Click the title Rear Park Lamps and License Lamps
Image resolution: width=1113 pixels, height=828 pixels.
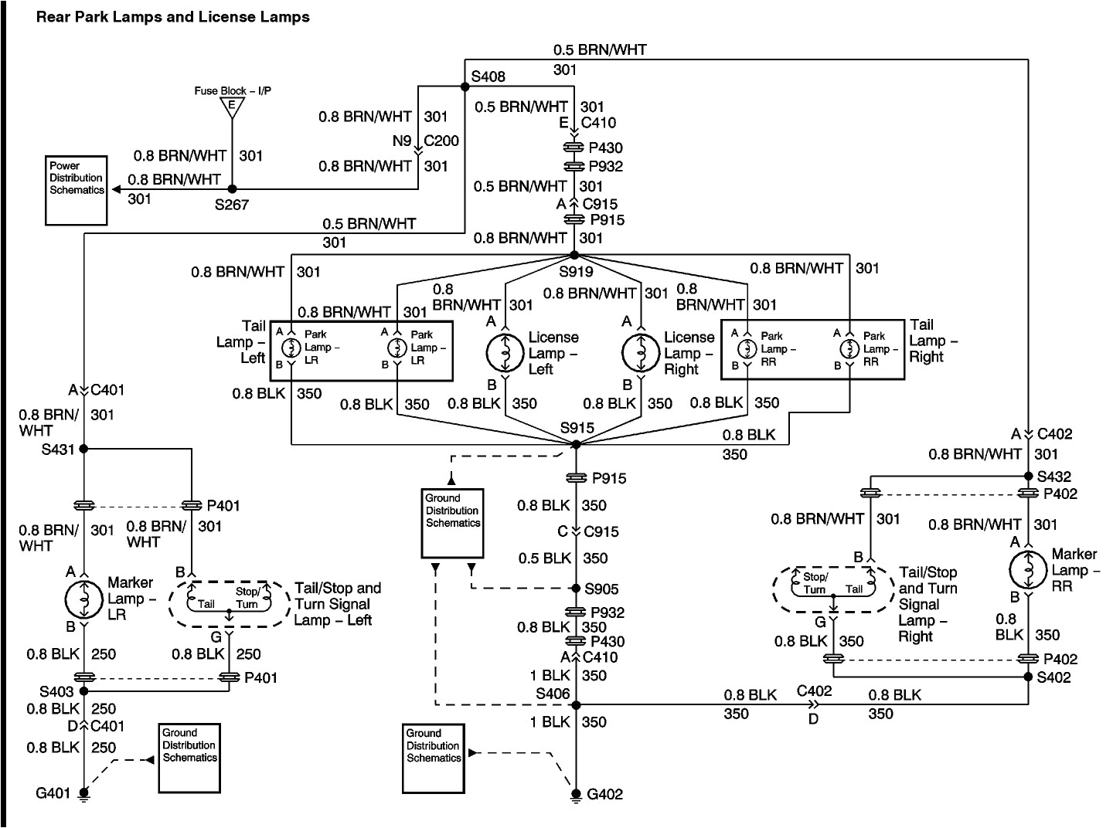tap(172, 16)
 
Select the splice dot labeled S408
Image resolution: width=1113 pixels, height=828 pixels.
tap(465, 87)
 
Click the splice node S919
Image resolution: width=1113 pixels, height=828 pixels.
tap(574, 255)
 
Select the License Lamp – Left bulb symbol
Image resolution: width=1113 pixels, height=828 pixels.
tap(505, 353)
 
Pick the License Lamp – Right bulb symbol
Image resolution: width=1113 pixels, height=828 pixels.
tap(641, 353)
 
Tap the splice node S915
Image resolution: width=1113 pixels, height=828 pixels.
tap(575, 444)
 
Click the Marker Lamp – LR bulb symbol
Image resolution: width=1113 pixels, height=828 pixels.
tap(84, 599)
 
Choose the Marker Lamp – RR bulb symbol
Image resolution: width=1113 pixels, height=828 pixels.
tap(1029, 570)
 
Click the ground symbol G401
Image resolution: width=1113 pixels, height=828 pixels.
tap(83, 793)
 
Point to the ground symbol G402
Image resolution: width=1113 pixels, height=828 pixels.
tap(576, 795)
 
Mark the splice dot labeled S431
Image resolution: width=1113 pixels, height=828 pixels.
tap(83, 448)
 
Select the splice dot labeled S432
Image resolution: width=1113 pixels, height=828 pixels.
tap(1029, 476)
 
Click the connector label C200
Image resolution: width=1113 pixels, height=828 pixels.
tap(442, 141)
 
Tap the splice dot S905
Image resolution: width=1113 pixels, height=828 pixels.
tap(576, 589)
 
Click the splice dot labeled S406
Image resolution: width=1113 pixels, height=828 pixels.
tap(576, 704)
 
